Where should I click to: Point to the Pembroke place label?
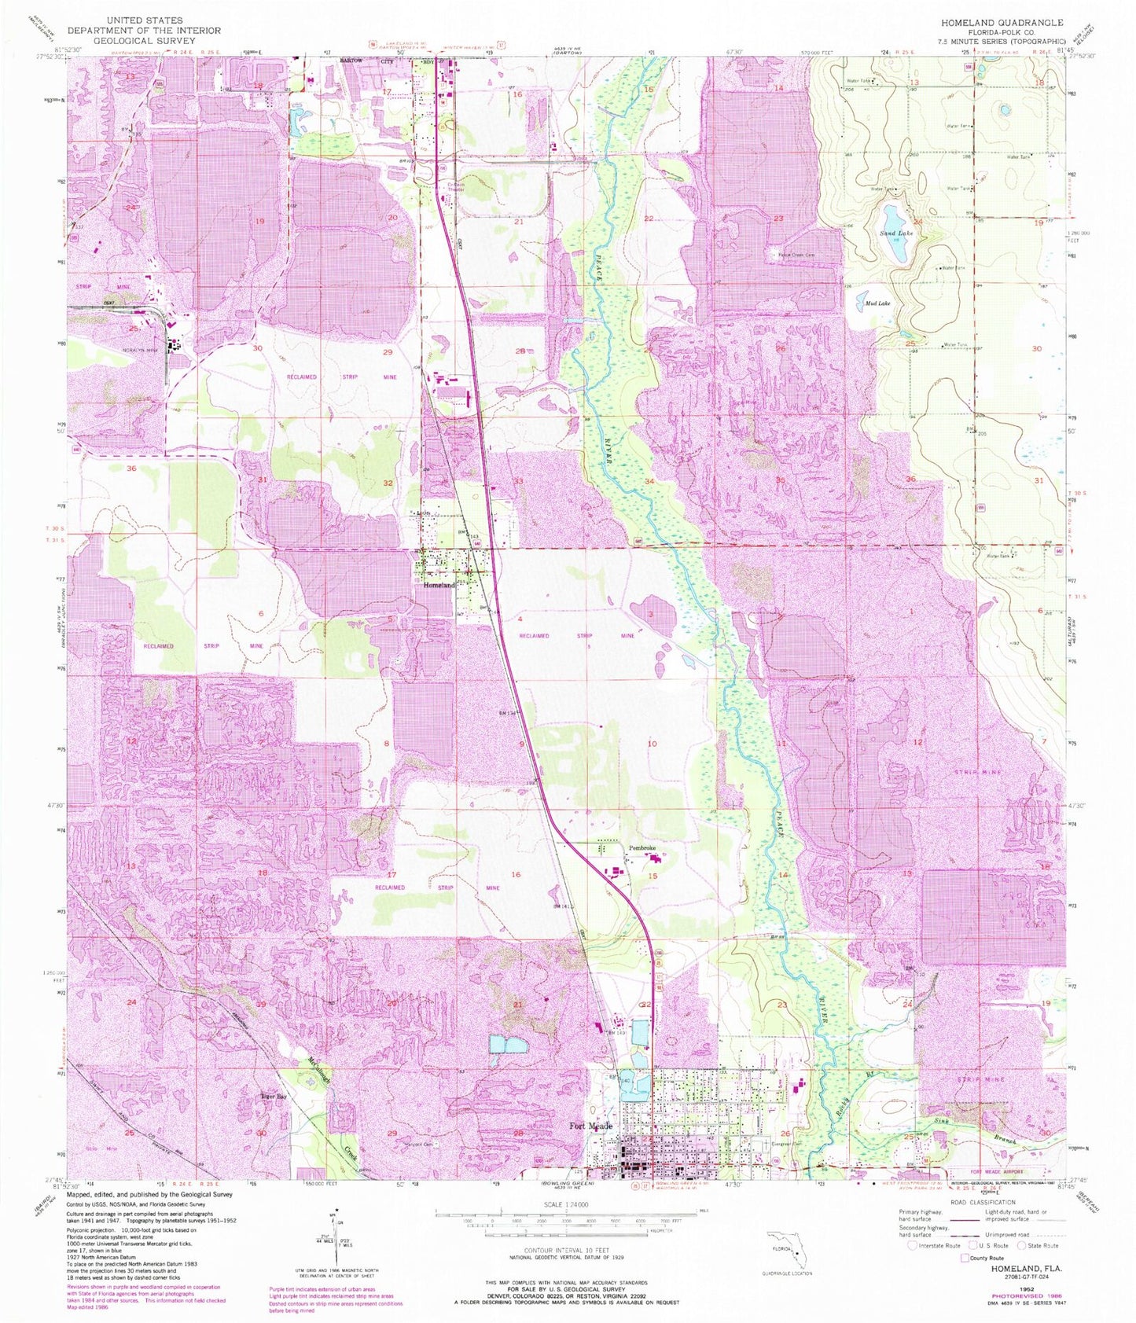coord(642,848)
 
